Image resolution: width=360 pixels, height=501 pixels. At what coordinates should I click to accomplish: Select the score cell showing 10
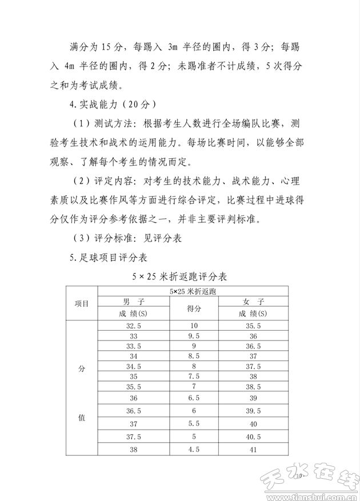[x=194, y=326]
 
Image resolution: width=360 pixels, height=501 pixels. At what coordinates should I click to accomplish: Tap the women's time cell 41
[x=253, y=450]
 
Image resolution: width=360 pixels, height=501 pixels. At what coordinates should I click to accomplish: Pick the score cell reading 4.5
[x=194, y=450]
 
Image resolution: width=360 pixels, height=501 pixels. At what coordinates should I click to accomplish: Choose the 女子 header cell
[x=253, y=302]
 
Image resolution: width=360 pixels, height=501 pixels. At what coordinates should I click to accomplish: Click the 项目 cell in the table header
[x=82, y=304]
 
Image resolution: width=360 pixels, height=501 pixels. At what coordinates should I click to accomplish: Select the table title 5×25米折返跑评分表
[x=179, y=277]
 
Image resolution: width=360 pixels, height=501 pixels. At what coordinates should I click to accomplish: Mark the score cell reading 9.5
[x=194, y=336]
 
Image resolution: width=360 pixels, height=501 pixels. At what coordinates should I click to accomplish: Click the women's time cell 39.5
[x=253, y=411]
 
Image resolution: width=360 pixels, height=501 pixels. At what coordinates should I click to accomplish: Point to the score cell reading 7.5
[x=194, y=376]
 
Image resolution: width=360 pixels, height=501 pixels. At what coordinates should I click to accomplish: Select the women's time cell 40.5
[x=253, y=437]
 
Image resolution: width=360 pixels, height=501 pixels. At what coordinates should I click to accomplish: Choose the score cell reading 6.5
[x=194, y=398]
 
